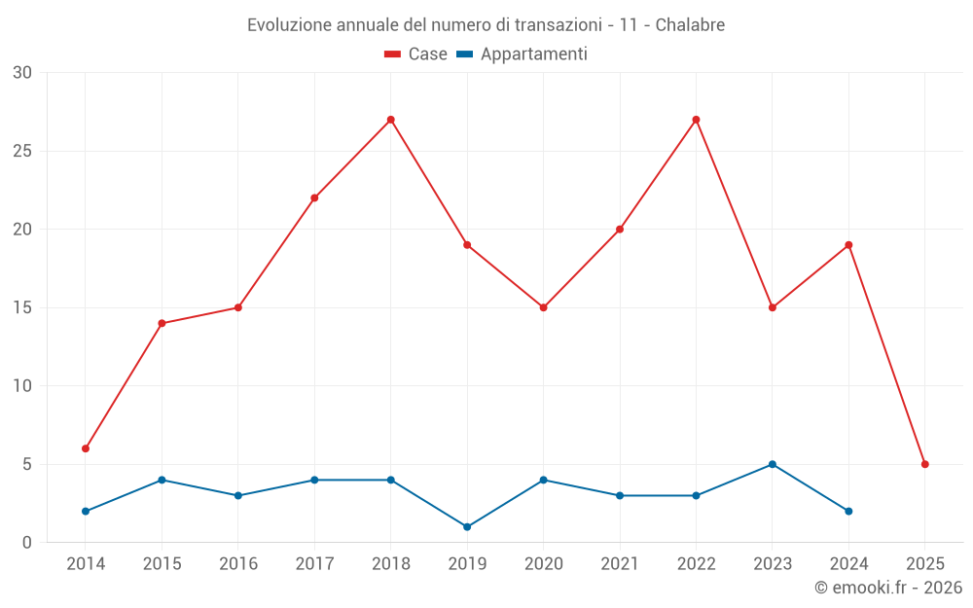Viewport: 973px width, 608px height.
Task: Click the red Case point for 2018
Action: [x=390, y=120]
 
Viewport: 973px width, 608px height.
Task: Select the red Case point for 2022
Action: [x=696, y=120]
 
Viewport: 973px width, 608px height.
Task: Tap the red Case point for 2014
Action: [x=86, y=448]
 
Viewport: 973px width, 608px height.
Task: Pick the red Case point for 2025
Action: [x=924, y=464]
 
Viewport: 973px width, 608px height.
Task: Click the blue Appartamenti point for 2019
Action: [x=467, y=526]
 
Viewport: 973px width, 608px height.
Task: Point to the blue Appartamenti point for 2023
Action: [x=773, y=464]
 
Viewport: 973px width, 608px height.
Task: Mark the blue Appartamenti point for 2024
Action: [x=848, y=511]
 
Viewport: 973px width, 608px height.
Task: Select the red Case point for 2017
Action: [x=314, y=197]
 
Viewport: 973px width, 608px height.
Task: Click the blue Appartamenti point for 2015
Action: [x=162, y=480]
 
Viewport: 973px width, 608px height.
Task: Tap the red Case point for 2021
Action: [x=620, y=230]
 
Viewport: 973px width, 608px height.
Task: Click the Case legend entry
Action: [x=416, y=54]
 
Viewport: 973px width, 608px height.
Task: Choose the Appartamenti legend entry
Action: [x=523, y=54]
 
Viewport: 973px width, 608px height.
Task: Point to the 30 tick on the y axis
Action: [x=22, y=73]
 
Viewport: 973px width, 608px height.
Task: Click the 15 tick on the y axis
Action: [x=22, y=307]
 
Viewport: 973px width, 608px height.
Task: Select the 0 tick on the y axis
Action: [x=27, y=542]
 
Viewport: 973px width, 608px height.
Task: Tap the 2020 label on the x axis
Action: [x=544, y=564]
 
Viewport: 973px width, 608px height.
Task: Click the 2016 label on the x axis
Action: [x=238, y=564]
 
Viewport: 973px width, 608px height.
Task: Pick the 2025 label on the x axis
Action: [x=924, y=564]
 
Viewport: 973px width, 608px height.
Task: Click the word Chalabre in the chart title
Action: [x=690, y=25]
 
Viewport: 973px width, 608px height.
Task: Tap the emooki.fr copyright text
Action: [x=887, y=588]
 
